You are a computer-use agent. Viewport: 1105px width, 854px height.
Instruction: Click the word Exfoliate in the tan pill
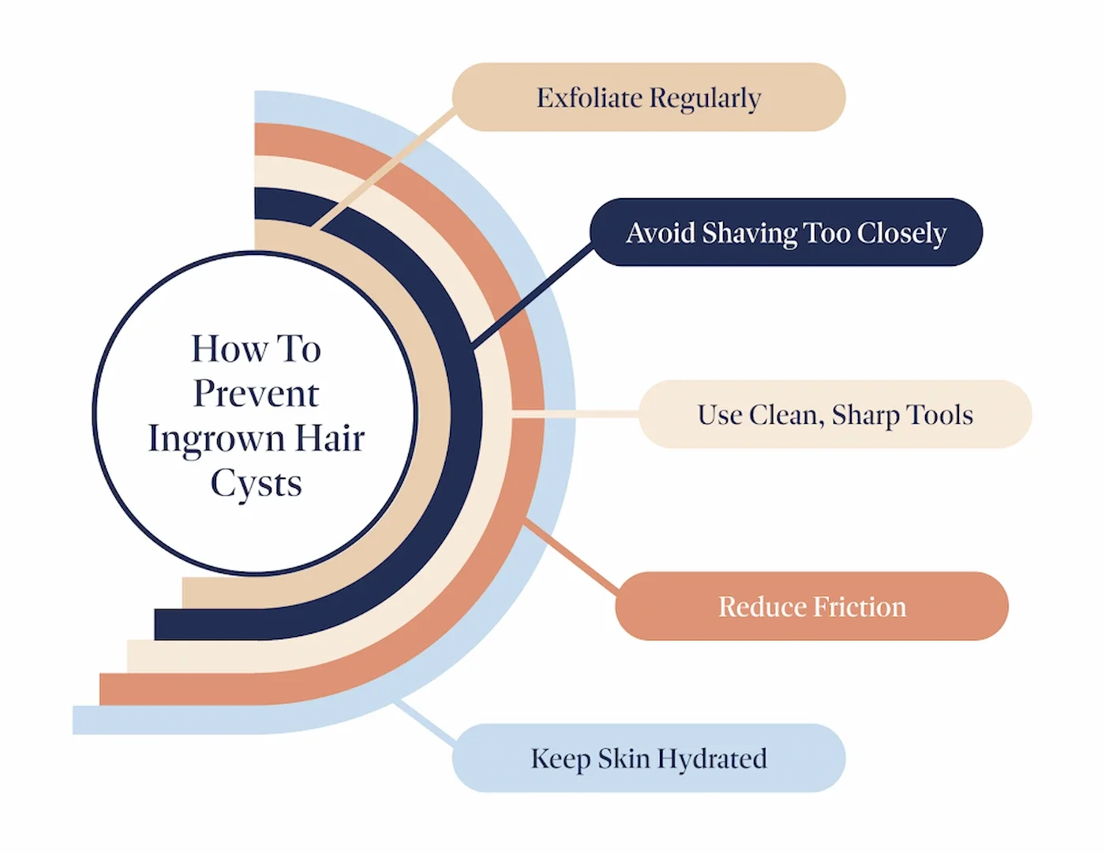click(x=589, y=98)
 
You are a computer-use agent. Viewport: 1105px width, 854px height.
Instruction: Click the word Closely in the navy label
click(x=901, y=234)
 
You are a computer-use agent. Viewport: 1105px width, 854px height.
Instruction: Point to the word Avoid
click(x=660, y=233)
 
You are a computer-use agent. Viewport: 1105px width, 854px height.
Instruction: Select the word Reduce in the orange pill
click(x=762, y=607)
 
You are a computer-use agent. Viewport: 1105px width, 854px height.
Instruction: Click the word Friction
click(x=860, y=607)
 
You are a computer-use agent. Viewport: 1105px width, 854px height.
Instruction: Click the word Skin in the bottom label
click(x=624, y=758)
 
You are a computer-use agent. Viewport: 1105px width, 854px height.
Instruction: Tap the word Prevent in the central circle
click(x=256, y=393)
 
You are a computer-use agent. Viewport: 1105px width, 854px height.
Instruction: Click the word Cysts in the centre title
click(x=256, y=484)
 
